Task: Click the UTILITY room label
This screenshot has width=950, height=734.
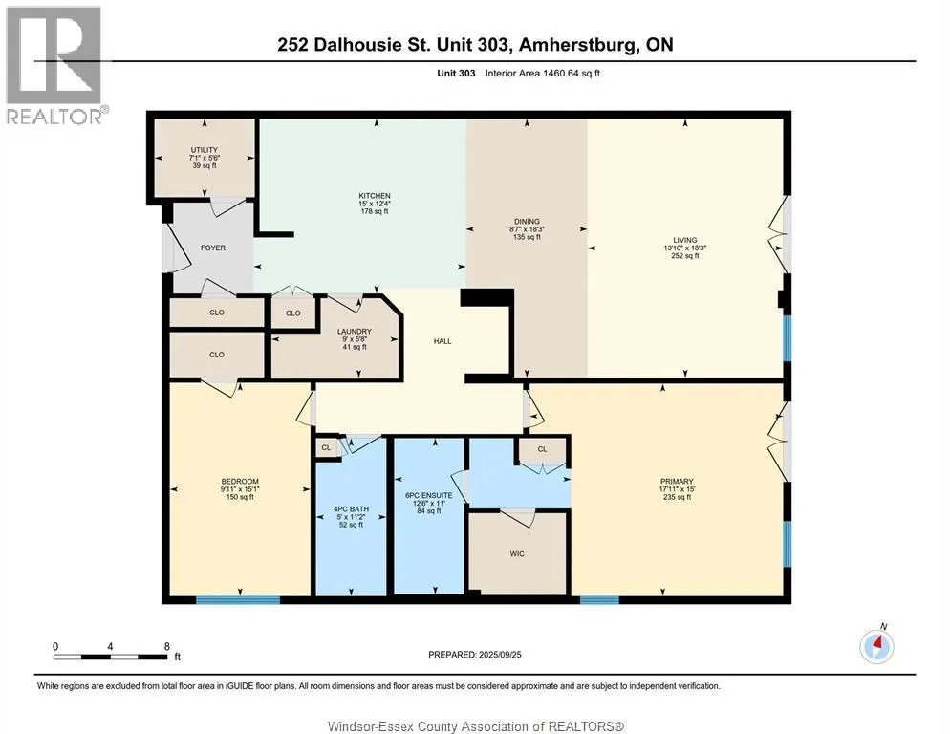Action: point(205,150)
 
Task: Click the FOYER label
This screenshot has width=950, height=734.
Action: point(212,248)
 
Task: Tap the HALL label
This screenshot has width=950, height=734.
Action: point(442,341)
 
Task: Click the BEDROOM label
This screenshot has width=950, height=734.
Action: point(240,481)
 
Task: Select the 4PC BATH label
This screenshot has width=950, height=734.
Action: point(352,509)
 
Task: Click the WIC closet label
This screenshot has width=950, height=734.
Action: point(516,553)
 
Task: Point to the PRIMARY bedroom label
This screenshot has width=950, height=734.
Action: point(677,482)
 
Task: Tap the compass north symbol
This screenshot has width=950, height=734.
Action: point(876,646)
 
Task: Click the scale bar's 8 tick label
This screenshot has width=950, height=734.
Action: point(166,646)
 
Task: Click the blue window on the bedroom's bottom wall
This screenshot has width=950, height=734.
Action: point(238,599)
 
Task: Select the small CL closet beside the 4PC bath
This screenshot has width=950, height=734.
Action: point(325,446)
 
